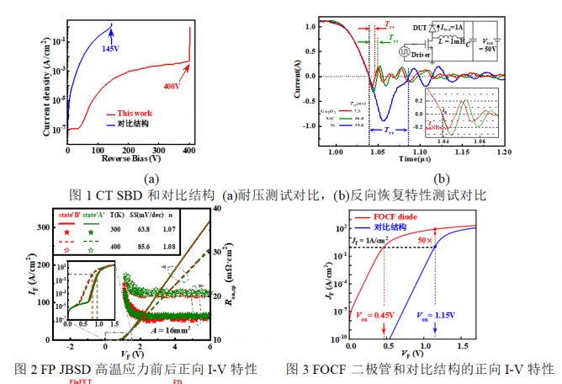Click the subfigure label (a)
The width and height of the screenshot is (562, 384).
(151, 179)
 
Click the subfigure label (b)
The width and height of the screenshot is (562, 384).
(437, 179)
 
